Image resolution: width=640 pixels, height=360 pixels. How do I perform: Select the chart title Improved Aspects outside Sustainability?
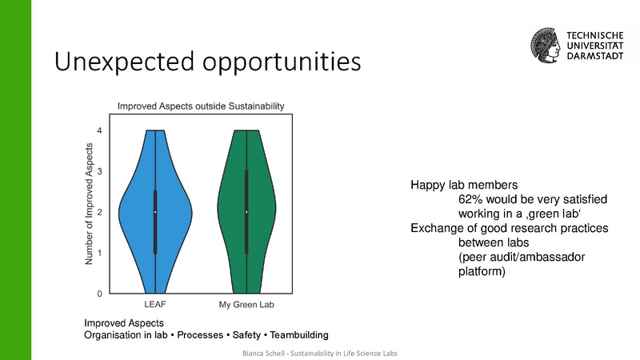click(x=202, y=106)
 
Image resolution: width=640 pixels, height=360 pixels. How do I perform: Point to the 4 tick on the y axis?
click(x=99, y=130)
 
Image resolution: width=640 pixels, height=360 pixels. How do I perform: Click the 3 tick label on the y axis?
click(x=99, y=171)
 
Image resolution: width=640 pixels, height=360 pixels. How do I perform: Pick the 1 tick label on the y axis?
click(x=99, y=253)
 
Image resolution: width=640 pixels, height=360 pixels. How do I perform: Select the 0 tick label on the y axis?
click(x=99, y=294)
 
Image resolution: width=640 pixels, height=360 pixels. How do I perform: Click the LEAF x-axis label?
click(x=155, y=306)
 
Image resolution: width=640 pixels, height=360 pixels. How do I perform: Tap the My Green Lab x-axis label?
click(x=246, y=306)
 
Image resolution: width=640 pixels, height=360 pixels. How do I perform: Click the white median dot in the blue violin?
click(x=155, y=212)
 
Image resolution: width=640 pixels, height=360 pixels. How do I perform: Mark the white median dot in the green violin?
click(x=246, y=212)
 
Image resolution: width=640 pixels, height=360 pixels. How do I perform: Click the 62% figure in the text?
click(x=470, y=199)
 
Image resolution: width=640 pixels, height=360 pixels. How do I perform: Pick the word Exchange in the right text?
click(x=437, y=228)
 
